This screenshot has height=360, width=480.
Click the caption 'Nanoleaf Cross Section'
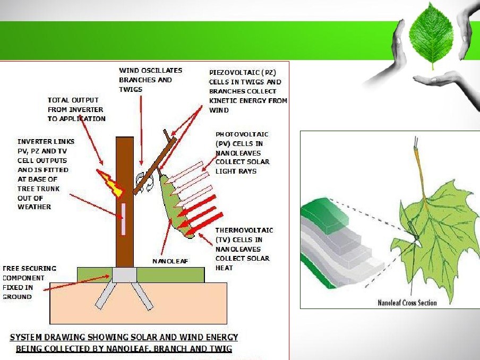[x=407, y=303]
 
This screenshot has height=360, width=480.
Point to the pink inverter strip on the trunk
[x=124, y=218]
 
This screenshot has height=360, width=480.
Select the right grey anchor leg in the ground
[x=143, y=295]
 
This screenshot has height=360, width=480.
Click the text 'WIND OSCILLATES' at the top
[x=150, y=70]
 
